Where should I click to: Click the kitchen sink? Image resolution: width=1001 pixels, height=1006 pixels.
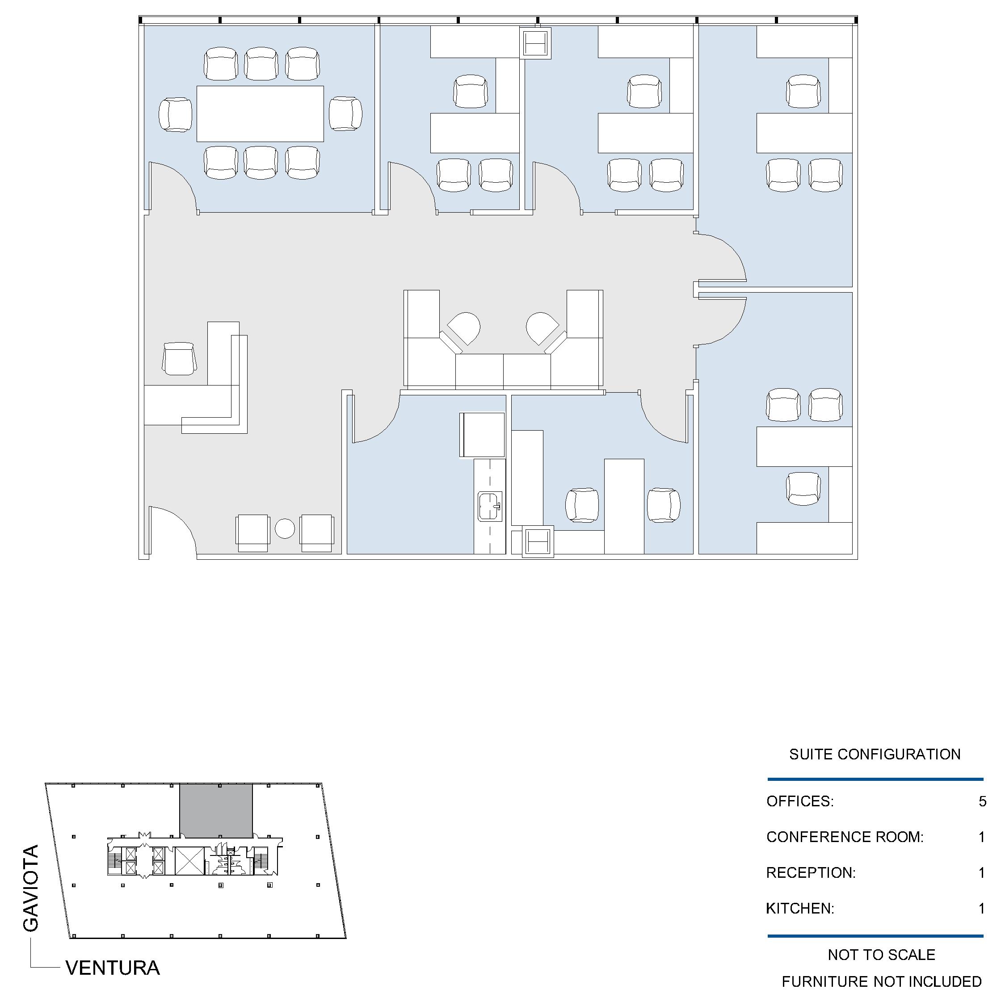point(490,506)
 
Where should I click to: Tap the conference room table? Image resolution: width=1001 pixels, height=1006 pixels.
point(260,113)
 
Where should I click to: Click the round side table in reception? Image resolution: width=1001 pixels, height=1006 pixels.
point(284,528)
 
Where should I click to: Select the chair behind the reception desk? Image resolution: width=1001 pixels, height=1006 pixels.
point(179,358)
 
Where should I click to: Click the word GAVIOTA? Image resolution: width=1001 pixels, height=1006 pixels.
point(31,889)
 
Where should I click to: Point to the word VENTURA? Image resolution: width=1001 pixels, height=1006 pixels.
point(113,968)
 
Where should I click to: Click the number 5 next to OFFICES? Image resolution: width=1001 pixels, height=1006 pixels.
point(982,801)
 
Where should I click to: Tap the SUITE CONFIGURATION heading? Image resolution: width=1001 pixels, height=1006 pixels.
point(875,754)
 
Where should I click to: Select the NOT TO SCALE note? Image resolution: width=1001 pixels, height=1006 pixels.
point(881,955)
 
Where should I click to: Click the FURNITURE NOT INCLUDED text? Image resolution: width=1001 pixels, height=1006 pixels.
point(881,981)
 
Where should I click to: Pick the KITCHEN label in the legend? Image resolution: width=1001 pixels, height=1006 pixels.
point(800,909)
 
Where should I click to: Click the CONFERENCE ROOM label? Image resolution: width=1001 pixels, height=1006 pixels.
point(845,837)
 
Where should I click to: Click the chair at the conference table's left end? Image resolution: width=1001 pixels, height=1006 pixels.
point(175,114)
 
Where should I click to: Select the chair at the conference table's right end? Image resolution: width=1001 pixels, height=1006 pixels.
point(345,113)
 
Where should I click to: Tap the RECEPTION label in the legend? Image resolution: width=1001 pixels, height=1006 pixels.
point(811,873)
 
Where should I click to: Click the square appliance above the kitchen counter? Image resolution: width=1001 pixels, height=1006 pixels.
point(482,435)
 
